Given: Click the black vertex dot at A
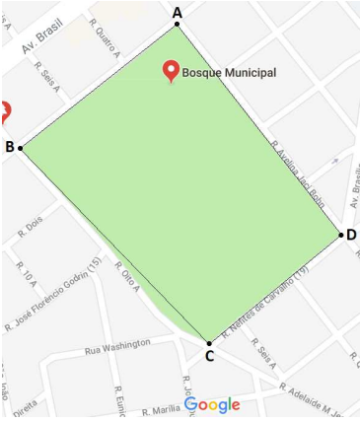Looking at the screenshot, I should point(178,25).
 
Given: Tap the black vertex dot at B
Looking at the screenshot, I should point(20,148).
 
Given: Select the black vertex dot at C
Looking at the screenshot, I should point(208,342).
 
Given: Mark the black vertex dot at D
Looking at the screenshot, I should point(341,235).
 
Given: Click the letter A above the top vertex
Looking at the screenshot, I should point(178,12).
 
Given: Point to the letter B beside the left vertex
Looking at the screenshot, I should point(9,147).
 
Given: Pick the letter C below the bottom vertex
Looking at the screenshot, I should point(209,356).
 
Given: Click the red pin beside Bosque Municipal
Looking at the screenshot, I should point(171,70).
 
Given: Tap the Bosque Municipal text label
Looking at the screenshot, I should point(229,72).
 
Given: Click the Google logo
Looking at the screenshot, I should point(212,404).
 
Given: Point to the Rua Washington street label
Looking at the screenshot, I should point(117,346).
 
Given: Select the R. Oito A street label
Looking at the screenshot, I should point(128,275).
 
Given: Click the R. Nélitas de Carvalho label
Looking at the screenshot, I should point(266,302).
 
